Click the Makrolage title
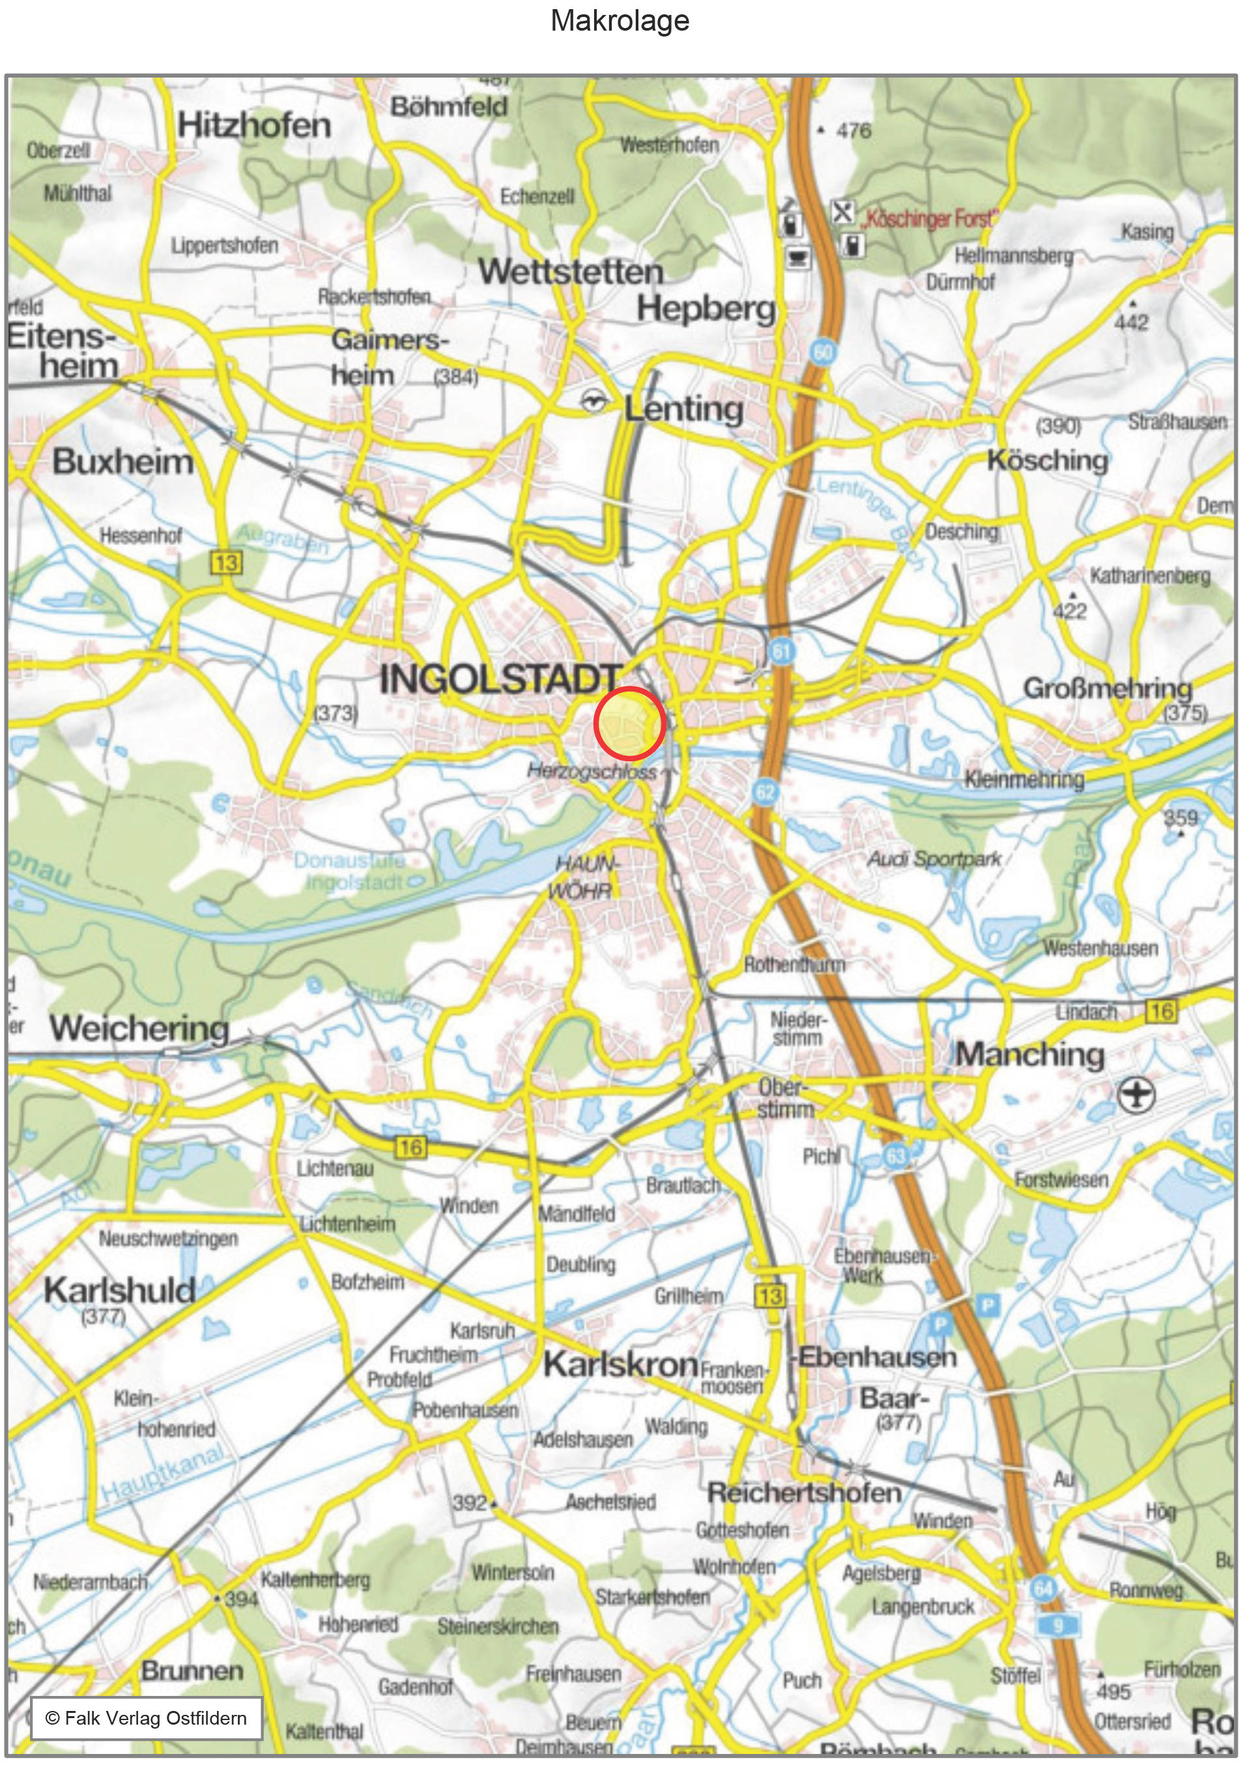coord(620,21)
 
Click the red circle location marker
coord(629,724)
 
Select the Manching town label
coord(1029,1055)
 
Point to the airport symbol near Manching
coord(1136,1094)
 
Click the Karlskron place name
coord(620,1364)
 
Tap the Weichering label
coord(139,1028)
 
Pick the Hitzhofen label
coord(254,125)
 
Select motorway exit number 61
coord(781,652)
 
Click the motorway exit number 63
coord(896,1155)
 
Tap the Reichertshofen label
coord(804,1493)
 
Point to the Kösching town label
coord(1047,460)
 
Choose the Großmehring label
coord(1107,688)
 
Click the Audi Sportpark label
coord(934,859)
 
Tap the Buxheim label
coord(122,461)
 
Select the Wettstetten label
coord(570,272)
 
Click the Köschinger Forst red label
coord(927,220)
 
